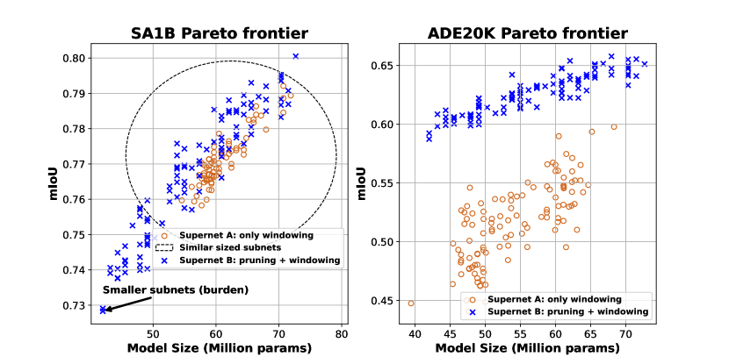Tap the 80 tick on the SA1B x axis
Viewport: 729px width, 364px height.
click(x=341, y=334)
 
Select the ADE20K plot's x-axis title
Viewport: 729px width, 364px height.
click(x=528, y=350)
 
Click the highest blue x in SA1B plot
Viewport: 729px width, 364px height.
click(x=296, y=56)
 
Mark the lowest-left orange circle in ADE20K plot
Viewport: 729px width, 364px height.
click(x=411, y=303)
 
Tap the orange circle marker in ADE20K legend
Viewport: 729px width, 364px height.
click(x=472, y=299)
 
